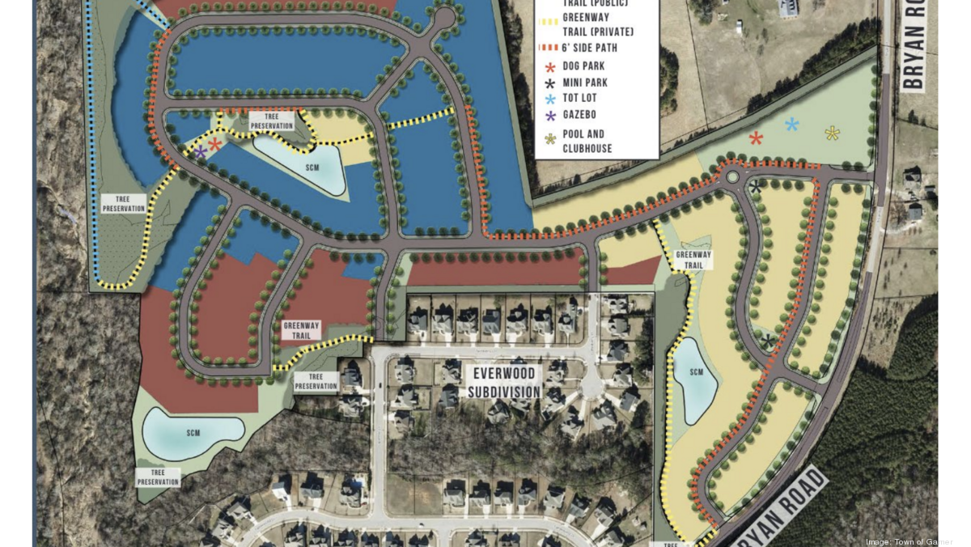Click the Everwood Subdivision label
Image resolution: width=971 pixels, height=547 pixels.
coord(503,384)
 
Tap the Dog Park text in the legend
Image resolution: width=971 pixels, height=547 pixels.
coord(583,66)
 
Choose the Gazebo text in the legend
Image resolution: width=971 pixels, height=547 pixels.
coord(579,115)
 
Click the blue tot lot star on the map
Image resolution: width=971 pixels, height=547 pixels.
coord(791,124)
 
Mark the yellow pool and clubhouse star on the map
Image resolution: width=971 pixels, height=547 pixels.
coord(832,133)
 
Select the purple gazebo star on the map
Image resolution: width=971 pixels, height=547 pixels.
coord(200,151)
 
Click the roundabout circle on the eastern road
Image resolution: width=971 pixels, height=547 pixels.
coord(733,176)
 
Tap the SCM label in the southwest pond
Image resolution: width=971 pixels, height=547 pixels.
coord(193,433)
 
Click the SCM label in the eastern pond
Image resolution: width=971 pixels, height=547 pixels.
coord(697,372)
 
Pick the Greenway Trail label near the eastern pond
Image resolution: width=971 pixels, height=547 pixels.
coord(693,259)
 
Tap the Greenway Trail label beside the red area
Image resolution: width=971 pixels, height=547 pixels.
coord(301,330)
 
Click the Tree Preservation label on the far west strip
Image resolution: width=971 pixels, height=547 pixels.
coord(124,203)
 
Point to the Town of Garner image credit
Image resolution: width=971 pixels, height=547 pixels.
coord(909,541)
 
